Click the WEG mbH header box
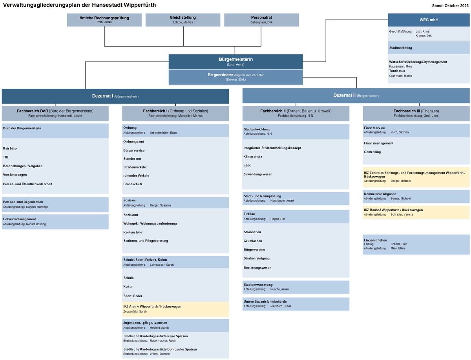[x=428, y=20]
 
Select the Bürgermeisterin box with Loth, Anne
[x=235, y=62]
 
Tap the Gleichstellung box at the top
[x=183, y=20]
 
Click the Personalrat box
[x=261, y=20]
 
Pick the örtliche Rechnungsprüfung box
[x=104, y=20]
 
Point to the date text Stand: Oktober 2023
[x=450, y=6]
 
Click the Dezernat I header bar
[x=115, y=96]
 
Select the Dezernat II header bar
[x=356, y=96]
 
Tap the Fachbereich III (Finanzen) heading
[x=416, y=111]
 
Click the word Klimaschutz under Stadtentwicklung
[x=252, y=157]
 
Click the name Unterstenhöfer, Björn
[x=163, y=133]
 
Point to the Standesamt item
[x=132, y=159]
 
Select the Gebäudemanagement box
[x=55, y=222]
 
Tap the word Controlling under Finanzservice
[x=372, y=152]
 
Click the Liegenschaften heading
[x=375, y=240]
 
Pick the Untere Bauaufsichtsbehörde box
[x=296, y=304]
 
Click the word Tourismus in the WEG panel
[x=397, y=71]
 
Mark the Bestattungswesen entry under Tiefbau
[x=257, y=268]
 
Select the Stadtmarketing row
[x=429, y=48]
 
